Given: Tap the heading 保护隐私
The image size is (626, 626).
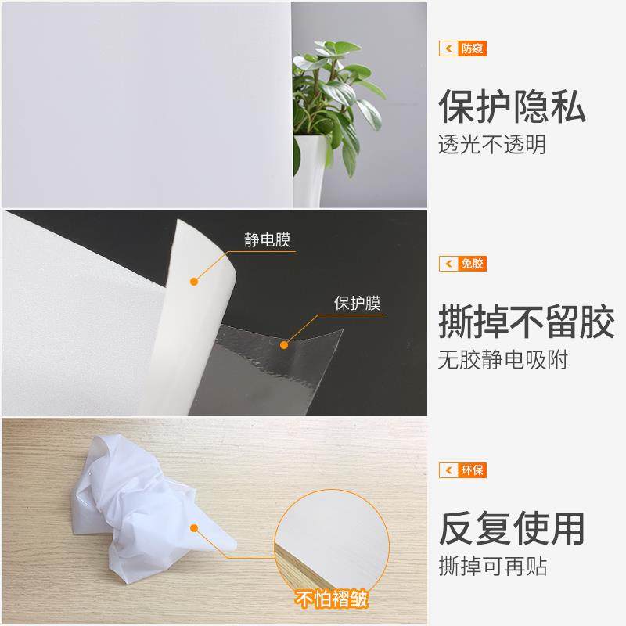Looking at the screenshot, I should [512, 107].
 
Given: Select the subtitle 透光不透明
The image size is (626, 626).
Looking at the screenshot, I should [491, 146].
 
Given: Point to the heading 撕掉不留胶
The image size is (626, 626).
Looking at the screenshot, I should [526, 323].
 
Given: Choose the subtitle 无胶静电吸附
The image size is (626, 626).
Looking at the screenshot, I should [502, 361].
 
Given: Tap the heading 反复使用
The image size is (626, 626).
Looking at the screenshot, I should [512, 528].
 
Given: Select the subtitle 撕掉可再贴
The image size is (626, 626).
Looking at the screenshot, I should [491, 566].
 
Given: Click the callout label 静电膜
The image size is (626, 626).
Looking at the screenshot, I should [267, 239].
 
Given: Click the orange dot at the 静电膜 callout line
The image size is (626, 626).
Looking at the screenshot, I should [192, 279].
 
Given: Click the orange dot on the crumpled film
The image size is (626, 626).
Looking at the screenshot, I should [195, 529].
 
